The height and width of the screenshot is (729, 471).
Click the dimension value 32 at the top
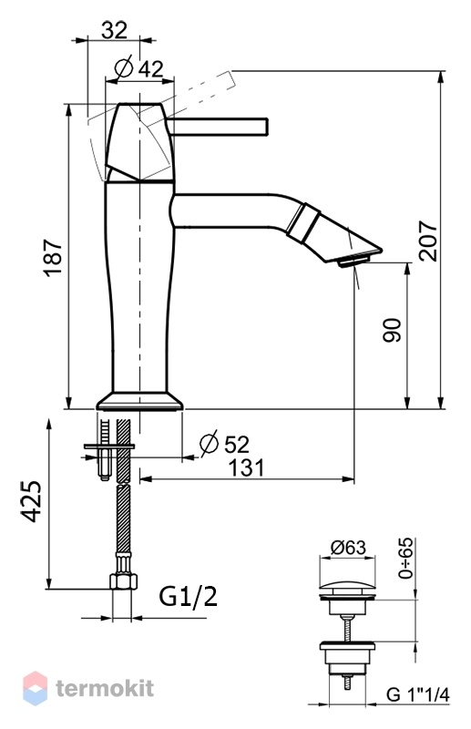114,30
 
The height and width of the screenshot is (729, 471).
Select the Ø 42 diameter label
138,68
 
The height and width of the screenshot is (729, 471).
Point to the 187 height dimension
54,258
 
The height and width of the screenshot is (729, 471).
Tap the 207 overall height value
428,241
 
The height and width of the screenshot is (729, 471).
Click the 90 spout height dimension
392,330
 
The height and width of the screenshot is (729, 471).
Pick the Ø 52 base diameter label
224,443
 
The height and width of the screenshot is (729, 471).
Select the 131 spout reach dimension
246,467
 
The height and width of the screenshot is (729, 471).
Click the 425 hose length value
31,501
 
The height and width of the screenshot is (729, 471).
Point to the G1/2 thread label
189,597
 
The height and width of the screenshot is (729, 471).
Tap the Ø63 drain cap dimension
348,548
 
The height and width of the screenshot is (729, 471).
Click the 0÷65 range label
405,558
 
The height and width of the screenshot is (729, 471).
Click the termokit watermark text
105,688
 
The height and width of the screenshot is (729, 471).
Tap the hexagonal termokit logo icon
35,688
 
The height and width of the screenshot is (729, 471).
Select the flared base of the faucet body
139,401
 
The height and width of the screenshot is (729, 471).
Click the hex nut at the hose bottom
123,581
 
